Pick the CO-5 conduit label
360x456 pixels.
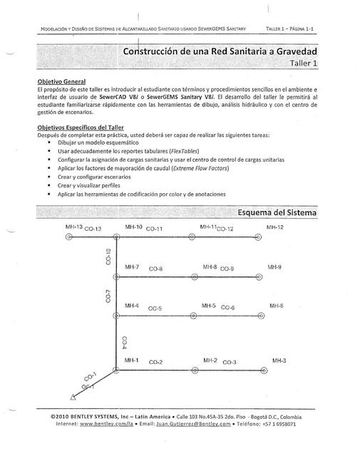(155, 309)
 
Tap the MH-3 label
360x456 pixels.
(279, 361)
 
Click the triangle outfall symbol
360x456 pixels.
(70, 398)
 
